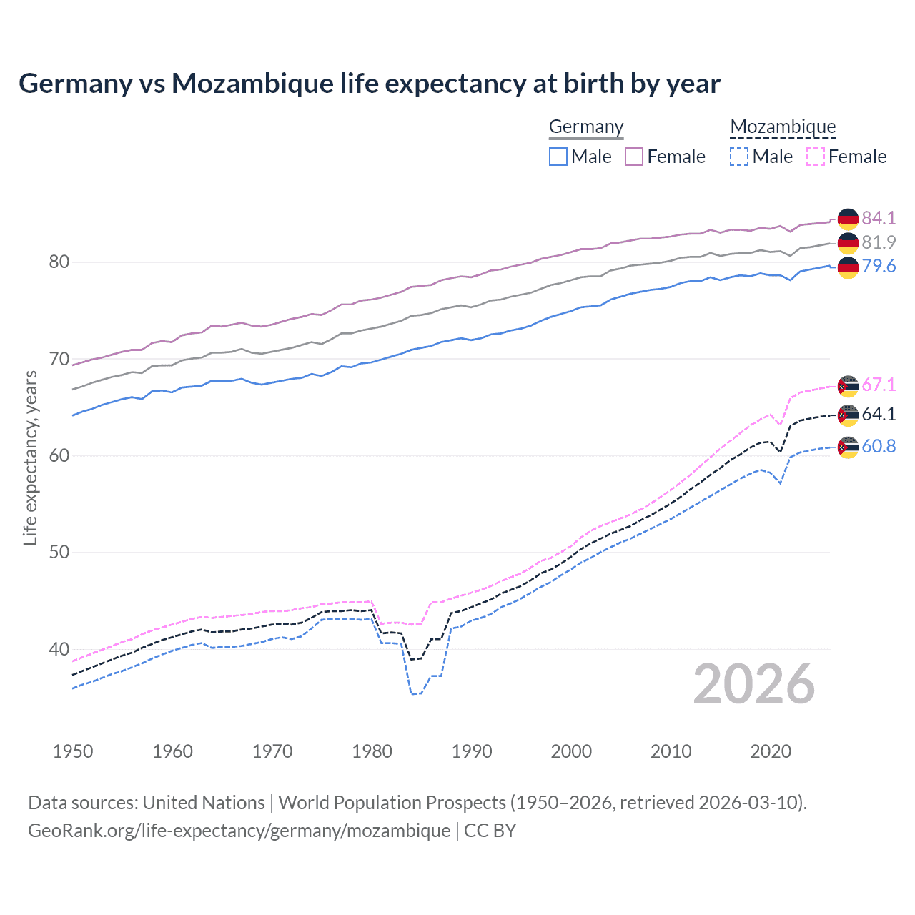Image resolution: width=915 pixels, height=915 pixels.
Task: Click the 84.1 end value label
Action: point(879,218)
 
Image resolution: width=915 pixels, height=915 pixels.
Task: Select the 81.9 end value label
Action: point(879,242)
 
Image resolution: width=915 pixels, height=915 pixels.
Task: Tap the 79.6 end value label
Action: point(879,267)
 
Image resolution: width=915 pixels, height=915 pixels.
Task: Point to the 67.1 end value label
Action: point(879,385)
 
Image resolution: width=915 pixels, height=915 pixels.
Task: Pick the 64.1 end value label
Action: point(879,414)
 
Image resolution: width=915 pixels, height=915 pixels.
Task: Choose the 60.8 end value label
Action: point(879,446)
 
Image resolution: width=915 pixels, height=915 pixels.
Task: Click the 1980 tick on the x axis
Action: point(372,751)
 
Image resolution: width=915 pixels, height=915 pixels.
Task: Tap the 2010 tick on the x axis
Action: point(671,751)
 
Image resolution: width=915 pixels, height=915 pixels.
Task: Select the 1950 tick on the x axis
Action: point(73,751)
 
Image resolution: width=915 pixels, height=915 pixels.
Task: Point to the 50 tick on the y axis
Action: point(59,552)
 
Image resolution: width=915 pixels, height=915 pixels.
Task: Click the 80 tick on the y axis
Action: point(59,262)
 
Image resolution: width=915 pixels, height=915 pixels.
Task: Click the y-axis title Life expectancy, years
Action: point(30,457)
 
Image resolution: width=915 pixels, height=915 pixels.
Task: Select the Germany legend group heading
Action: point(586,127)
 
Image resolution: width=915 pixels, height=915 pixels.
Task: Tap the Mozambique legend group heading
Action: point(783,127)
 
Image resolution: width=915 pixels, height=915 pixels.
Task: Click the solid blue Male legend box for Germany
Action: point(558,157)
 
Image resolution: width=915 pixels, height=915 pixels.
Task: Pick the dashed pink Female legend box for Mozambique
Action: point(816,157)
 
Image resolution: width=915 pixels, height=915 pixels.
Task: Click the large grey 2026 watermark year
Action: point(754,684)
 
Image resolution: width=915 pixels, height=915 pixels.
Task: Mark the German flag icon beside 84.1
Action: point(848,219)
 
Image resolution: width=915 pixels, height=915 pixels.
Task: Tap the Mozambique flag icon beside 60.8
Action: point(848,447)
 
